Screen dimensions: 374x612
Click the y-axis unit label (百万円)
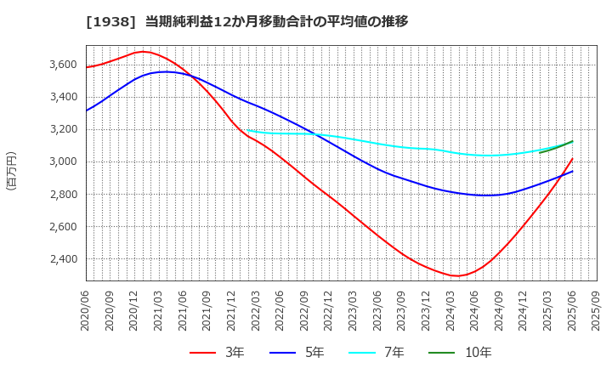pos(11,170)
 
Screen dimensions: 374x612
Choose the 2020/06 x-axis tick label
pos(87,311)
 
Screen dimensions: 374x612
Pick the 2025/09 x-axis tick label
pos(597,311)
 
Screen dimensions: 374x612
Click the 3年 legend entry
pos(219,353)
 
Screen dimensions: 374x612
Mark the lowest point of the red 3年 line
pos(458,276)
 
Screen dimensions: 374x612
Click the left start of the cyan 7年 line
pos(246,130)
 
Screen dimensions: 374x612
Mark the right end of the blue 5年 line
pos(572,171)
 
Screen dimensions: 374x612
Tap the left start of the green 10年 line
pos(540,152)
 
